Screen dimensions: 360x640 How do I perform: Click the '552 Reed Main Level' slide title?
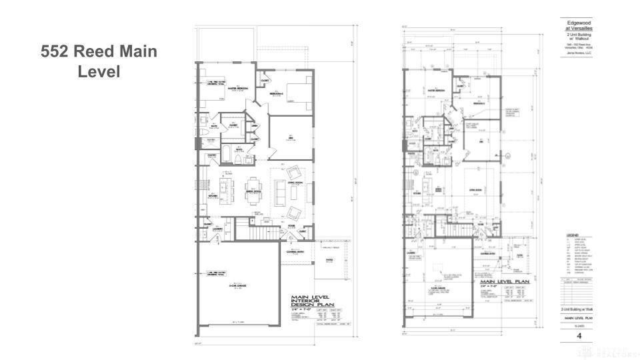tap(99, 61)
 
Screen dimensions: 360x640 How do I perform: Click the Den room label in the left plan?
tap(290, 137)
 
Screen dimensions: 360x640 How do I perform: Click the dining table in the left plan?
tap(255, 187)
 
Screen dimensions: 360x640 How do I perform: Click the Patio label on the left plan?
tap(329, 261)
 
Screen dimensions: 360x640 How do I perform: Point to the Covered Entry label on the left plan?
tap(295, 252)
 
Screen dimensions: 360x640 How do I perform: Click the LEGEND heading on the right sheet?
tap(572, 235)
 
